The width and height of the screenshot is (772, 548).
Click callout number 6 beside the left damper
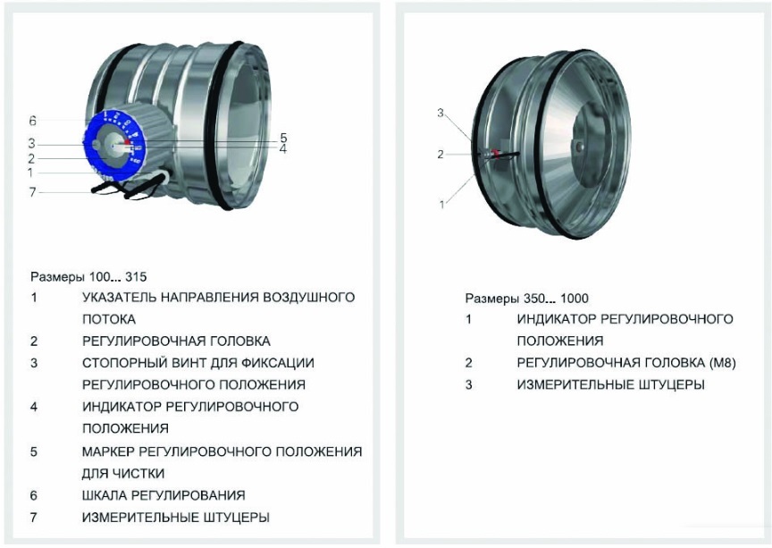tap(32, 121)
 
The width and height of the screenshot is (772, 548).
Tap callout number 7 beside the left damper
tap(33, 191)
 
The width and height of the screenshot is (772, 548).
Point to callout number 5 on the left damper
tap(282, 138)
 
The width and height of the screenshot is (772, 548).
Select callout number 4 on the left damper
tap(282, 149)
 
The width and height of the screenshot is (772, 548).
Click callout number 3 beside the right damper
tap(441, 113)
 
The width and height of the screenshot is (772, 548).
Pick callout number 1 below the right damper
tap(441, 205)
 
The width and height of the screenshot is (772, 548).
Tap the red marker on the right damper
tap(494, 153)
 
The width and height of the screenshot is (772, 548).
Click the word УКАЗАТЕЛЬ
tap(122, 297)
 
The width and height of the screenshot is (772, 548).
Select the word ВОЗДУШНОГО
tap(309, 297)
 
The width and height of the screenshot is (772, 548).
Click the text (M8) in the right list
tap(692, 363)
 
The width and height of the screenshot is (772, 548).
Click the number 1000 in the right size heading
tap(574, 299)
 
